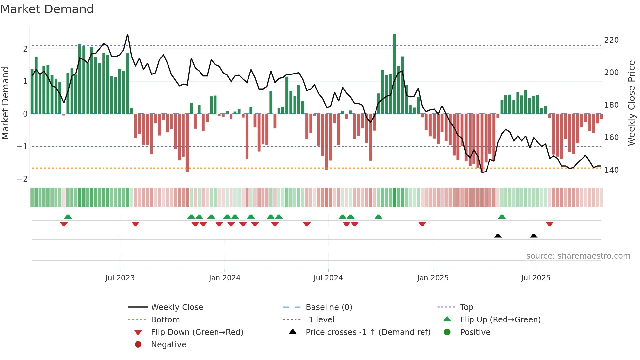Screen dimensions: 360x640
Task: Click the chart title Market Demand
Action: (x=47, y=9)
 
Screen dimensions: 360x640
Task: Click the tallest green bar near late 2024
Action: (x=394, y=74)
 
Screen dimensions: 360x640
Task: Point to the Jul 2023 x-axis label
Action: (x=120, y=278)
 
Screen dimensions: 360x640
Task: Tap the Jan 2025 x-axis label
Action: (x=433, y=278)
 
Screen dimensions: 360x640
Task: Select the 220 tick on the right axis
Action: (x=611, y=40)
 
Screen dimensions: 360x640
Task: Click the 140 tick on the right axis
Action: (x=611, y=170)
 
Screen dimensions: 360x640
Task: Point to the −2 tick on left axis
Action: (x=23, y=179)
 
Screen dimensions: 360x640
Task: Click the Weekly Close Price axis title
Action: (x=632, y=103)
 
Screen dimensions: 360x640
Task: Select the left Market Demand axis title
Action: (x=5, y=103)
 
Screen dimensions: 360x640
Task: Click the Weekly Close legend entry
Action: (x=177, y=307)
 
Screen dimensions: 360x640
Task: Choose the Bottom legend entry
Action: (x=165, y=320)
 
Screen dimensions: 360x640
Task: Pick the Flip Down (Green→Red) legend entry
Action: (x=197, y=332)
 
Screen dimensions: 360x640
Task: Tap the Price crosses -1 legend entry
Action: (x=368, y=332)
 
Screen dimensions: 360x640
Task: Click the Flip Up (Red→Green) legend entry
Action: (x=500, y=320)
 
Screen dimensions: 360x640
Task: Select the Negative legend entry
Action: (x=168, y=345)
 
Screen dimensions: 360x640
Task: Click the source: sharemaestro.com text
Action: (x=578, y=256)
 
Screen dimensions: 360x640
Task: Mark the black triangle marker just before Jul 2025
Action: (x=534, y=236)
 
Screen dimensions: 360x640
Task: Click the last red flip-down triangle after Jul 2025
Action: (x=550, y=224)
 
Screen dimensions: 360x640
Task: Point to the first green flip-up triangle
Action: (x=68, y=217)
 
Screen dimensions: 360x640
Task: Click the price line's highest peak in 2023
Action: (x=127, y=34)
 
